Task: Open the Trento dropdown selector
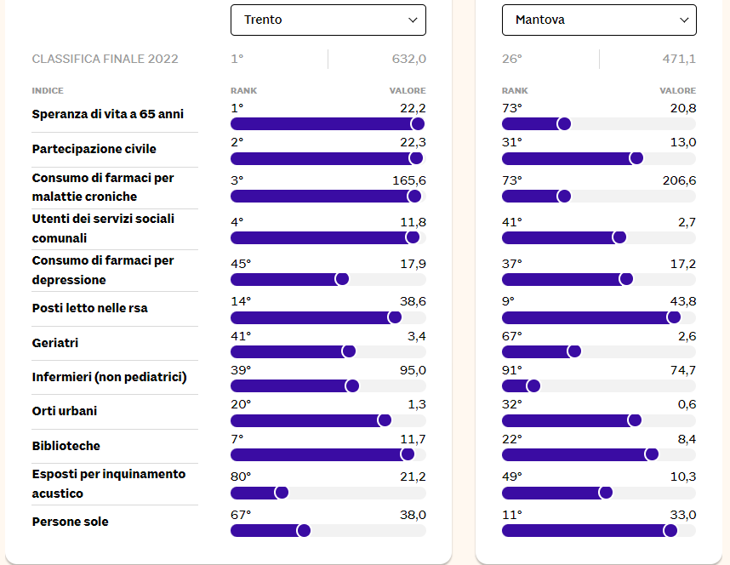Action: point(328,20)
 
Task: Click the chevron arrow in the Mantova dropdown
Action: point(683,20)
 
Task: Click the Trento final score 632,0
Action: point(408,59)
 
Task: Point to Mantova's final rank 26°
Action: point(512,59)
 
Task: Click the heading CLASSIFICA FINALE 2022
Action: point(105,59)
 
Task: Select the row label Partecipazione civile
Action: point(94,149)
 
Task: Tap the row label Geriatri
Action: point(54,343)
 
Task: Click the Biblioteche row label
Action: point(66,446)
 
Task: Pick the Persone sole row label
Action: point(70,522)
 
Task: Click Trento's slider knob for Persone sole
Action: point(304,530)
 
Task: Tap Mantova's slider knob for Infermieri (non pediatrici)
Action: point(533,385)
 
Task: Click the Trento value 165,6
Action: point(411,180)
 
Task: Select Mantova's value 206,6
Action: point(679,180)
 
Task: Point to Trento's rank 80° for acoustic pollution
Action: point(241,477)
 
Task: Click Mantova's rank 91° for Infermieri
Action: point(511,369)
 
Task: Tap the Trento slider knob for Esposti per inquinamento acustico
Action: point(282,492)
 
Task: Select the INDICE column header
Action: point(48,91)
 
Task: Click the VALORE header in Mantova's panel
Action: point(677,91)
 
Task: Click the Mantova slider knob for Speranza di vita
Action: point(563,123)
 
